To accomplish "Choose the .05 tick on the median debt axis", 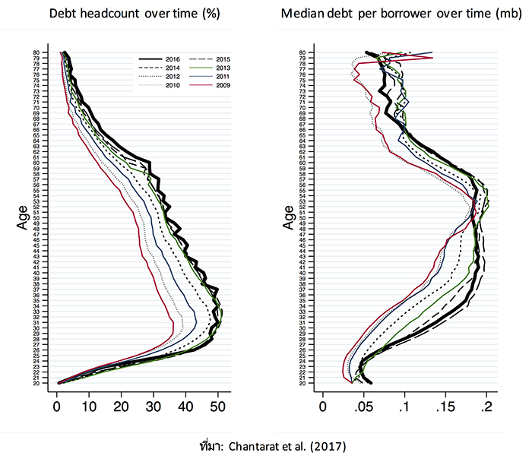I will pos(364,397).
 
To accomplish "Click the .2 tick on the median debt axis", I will pos(486,397).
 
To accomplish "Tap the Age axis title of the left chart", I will pos(23,218).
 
